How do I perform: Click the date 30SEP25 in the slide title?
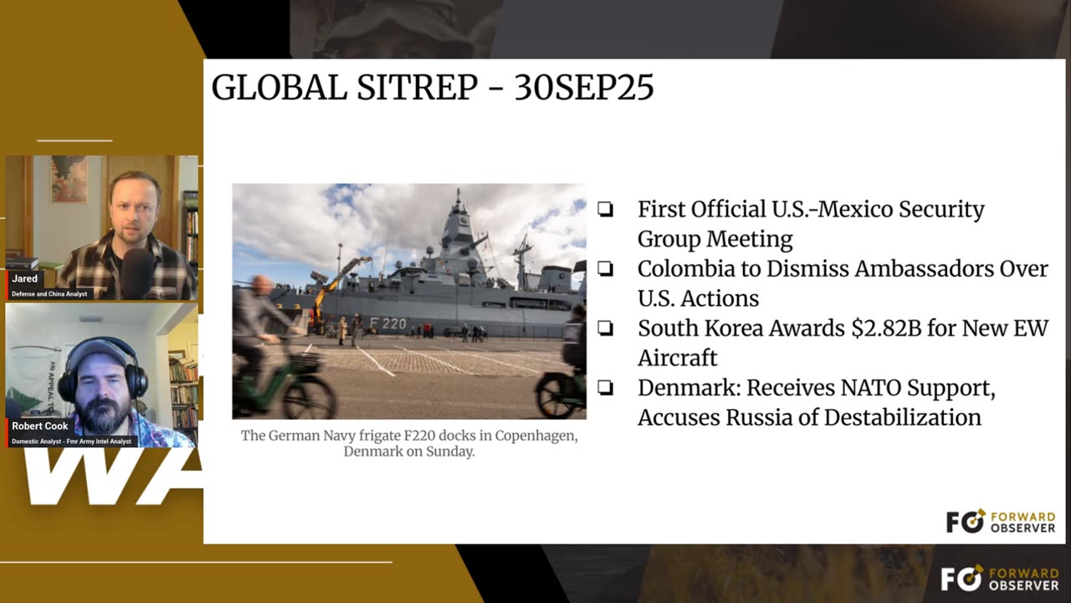[x=584, y=88]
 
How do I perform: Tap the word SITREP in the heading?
[x=418, y=88]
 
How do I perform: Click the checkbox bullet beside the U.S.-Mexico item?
[x=605, y=209]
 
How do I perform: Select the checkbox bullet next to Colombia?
[x=605, y=269]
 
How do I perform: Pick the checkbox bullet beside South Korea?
[x=605, y=327]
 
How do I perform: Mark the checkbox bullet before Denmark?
[x=605, y=387]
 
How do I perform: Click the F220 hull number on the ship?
[x=387, y=324]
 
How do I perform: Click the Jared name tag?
[x=24, y=279]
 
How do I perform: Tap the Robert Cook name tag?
[x=40, y=426]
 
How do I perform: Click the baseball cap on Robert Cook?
[x=95, y=352]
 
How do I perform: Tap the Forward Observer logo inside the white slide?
[x=1000, y=522]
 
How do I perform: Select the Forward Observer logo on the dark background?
[x=1000, y=578]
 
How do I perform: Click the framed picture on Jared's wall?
[x=69, y=179]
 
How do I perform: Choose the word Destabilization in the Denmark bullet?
[x=903, y=417]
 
